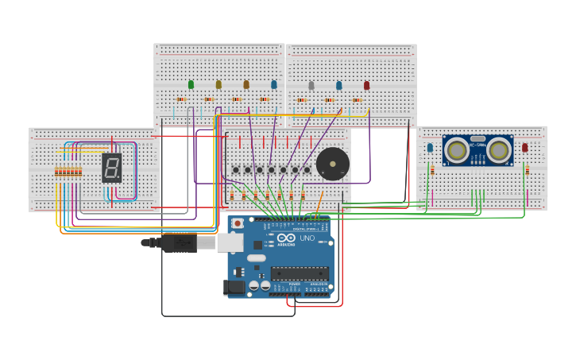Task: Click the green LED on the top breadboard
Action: pos(191,84)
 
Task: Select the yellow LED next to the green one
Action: pos(218,84)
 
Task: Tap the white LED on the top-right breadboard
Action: pos(311,85)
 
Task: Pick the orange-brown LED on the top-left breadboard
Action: pos(246,84)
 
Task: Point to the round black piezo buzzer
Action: pos(332,165)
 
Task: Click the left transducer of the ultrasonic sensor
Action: pos(456,149)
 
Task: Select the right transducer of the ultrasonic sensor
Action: pos(500,149)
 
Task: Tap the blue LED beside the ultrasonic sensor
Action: pos(430,147)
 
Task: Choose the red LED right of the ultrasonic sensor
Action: pos(525,147)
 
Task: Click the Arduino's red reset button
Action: pos(238,224)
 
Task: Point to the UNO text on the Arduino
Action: pos(307,238)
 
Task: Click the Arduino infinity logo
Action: pos(286,238)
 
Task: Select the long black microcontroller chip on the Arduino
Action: pos(300,273)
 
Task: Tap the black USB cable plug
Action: pos(179,242)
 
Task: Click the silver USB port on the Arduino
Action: pos(230,242)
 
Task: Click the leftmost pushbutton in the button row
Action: pos(236,169)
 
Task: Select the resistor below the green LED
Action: pos(181,99)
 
